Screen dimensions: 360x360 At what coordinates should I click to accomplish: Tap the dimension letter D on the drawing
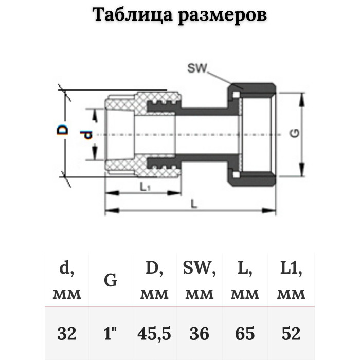[62, 129]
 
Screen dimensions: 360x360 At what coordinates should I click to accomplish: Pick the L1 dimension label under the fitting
[145, 188]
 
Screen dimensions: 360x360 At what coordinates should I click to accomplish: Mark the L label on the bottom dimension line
[193, 204]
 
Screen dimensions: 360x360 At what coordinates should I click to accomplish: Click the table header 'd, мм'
[67, 281]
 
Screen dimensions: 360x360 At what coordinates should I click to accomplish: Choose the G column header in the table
[111, 281]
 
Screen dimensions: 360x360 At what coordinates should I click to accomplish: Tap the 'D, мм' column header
[154, 281]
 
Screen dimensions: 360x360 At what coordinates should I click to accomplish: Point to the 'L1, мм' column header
[291, 281]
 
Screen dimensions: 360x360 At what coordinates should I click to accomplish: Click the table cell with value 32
[67, 334]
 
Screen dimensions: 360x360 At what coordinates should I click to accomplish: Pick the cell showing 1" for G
[111, 334]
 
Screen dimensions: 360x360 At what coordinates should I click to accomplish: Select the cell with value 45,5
[154, 334]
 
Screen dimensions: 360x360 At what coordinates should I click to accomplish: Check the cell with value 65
[245, 334]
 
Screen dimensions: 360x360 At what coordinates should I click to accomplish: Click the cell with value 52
[291, 334]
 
